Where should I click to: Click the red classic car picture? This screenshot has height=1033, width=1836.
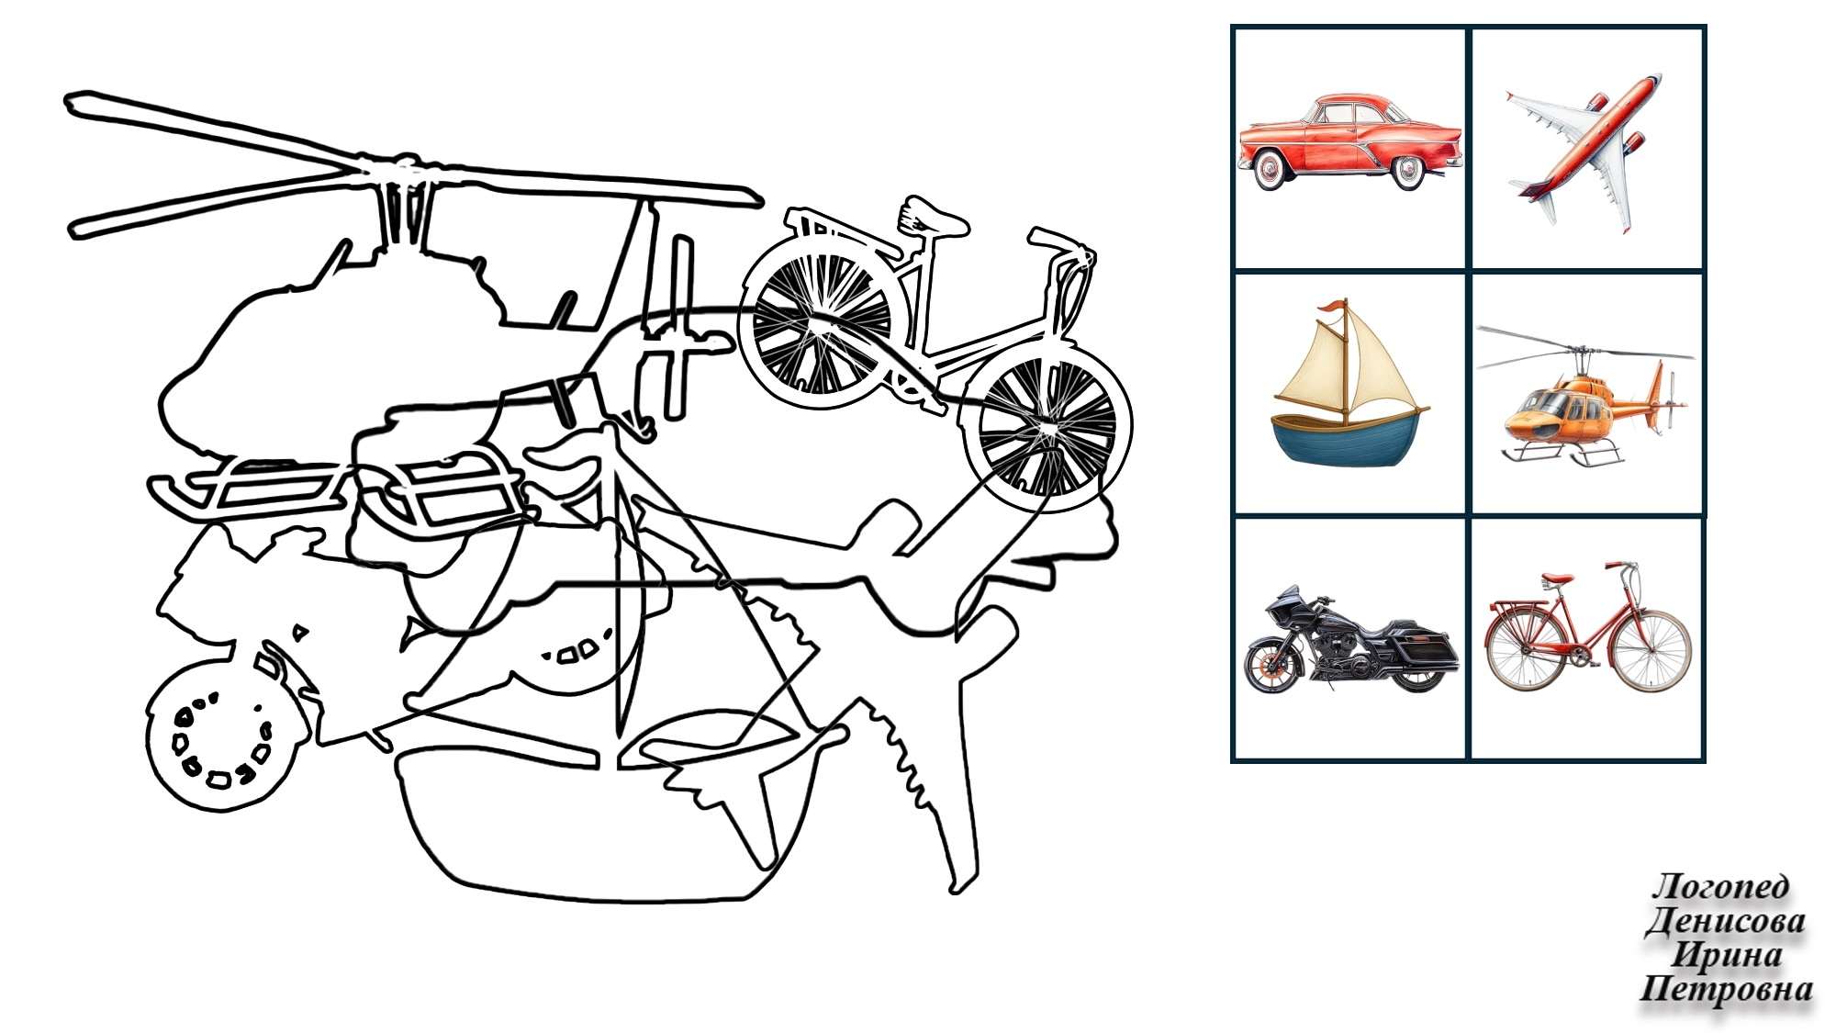1349,142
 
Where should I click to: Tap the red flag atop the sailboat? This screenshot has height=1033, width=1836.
1330,308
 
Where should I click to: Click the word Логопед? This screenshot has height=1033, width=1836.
1721,886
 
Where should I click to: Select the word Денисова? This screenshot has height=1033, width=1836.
1726,920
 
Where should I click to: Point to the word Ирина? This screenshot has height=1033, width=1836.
1726,954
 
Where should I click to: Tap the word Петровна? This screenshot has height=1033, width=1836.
1726,989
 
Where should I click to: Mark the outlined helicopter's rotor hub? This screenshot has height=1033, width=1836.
402,169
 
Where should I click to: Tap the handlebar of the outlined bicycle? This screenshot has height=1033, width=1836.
1061,242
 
